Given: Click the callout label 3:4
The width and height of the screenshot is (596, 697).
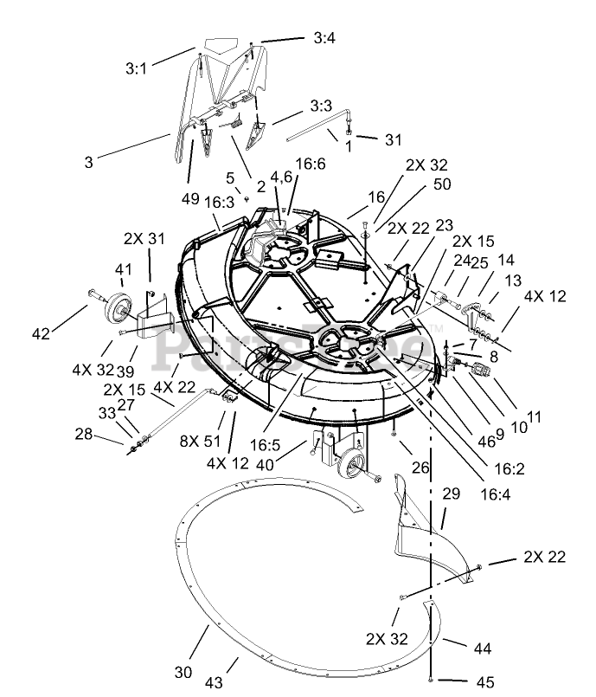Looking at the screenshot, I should coord(324,38).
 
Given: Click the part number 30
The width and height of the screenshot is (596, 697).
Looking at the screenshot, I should coord(183,672).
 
